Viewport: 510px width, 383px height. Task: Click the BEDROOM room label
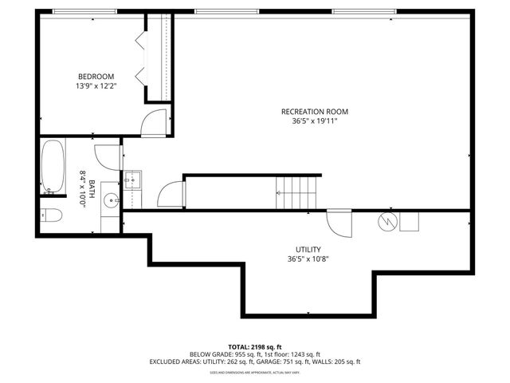96,77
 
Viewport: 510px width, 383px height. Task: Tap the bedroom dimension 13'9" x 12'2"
96,85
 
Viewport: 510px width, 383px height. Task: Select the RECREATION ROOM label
315,112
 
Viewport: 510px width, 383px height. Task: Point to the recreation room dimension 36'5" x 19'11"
315,121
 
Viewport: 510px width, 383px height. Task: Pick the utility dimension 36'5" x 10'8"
308,259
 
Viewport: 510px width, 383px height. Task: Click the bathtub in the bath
53,168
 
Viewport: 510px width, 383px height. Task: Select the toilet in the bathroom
50,215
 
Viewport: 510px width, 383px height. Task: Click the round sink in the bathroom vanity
109,199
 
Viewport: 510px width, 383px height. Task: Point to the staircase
296,193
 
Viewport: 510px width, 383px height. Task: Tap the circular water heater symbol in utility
388,220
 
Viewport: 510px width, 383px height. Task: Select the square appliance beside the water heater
409,220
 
